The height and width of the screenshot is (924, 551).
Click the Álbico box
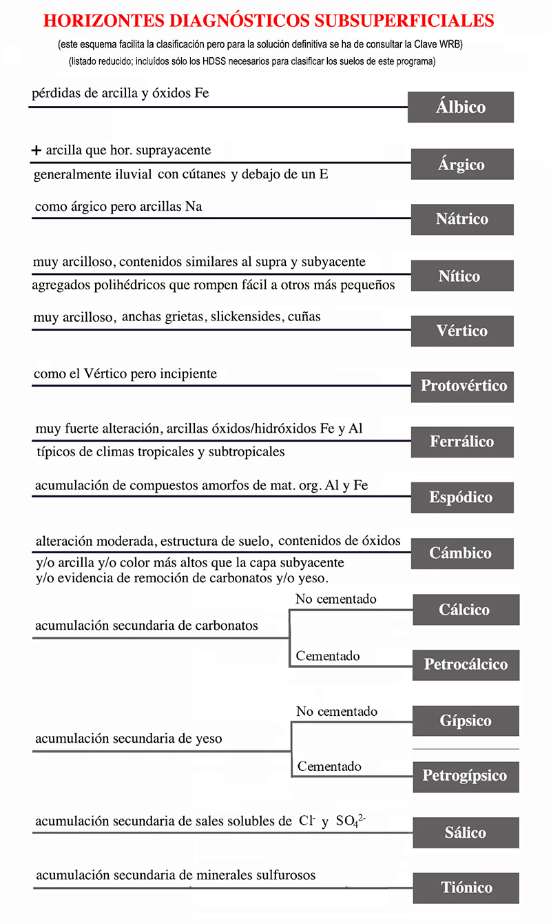(x=460, y=107)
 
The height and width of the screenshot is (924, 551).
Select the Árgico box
(x=461, y=165)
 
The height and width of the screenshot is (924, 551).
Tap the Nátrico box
(x=461, y=219)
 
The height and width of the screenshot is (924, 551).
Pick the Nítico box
(x=461, y=276)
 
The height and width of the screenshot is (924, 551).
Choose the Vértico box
(x=461, y=331)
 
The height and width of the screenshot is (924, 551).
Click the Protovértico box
(x=464, y=386)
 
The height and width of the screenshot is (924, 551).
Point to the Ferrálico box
(x=461, y=442)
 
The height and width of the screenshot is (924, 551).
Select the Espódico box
(x=461, y=497)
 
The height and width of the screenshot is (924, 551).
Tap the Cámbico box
(x=461, y=553)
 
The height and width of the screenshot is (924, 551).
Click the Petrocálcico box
(x=466, y=665)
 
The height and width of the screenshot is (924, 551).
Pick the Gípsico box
(x=466, y=721)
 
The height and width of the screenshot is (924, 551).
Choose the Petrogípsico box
(x=465, y=777)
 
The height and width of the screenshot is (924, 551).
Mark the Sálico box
(x=466, y=833)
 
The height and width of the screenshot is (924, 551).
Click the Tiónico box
(x=466, y=887)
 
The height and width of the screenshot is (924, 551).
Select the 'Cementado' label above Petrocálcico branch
(x=328, y=656)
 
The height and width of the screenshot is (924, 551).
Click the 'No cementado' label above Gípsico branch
(x=337, y=711)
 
